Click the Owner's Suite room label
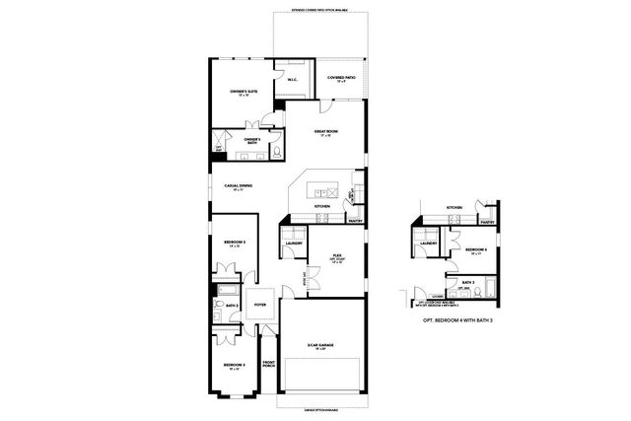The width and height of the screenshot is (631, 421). click(x=244, y=92)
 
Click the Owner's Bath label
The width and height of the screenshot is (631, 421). click(x=253, y=141)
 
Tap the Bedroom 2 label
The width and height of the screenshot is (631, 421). click(x=234, y=244)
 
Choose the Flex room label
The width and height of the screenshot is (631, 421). click(x=336, y=255)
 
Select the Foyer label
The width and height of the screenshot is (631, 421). click(x=260, y=307)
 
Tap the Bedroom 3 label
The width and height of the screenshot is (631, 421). click(x=235, y=368)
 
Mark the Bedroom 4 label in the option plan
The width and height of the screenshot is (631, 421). click(x=478, y=248)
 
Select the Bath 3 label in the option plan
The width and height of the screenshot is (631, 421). click(x=466, y=283)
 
